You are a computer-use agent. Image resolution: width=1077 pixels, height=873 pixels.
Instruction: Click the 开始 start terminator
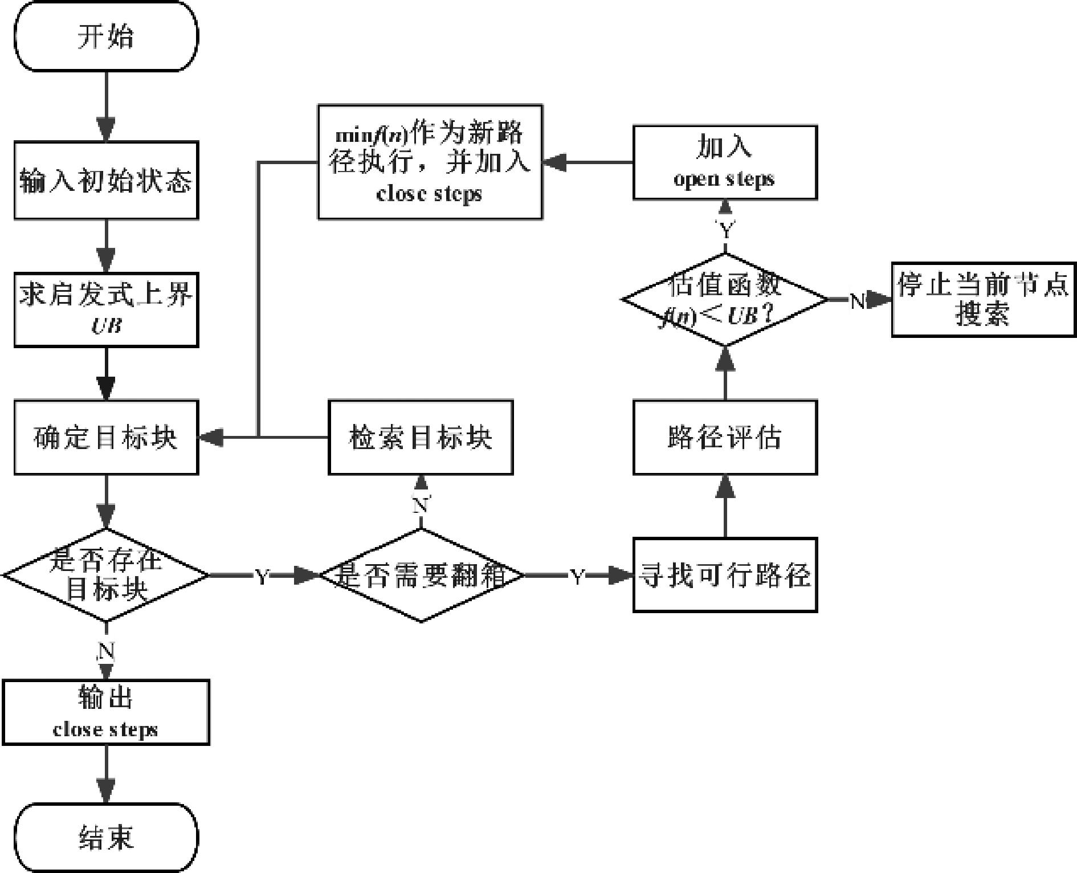[x=106, y=36]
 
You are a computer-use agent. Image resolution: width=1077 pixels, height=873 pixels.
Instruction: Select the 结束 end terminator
[x=106, y=837]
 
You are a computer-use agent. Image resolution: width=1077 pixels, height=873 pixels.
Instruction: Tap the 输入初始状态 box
[x=106, y=180]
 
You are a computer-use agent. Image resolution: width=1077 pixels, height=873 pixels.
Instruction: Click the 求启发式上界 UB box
[x=106, y=309]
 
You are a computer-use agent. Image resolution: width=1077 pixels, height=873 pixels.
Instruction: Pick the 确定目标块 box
[x=106, y=437]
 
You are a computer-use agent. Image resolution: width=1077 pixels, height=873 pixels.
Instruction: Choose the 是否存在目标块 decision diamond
[x=106, y=574]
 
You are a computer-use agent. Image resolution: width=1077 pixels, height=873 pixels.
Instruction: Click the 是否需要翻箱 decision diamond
[x=421, y=574]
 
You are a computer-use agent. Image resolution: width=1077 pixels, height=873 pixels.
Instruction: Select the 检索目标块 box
[x=421, y=437]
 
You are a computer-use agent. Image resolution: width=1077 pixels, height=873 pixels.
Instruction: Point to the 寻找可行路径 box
[x=725, y=574]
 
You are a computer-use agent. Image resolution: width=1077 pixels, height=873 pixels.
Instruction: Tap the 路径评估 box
[x=725, y=437]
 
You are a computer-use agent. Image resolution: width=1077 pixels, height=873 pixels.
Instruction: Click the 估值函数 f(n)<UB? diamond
[x=725, y=300]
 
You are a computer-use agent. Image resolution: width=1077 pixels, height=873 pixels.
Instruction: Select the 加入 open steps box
[x=725, y=162]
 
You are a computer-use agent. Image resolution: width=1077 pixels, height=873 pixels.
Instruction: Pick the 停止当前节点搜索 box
[x=984, y=300]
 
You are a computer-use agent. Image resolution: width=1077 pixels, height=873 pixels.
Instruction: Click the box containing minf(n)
[x=430, y=162]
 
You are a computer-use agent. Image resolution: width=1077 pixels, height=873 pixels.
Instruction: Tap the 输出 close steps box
[x=106, y=712]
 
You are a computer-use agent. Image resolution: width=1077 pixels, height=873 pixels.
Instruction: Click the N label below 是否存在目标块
[x=106, y=650]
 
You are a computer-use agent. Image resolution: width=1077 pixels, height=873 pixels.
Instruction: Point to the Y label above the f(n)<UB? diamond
[x=725, y=231]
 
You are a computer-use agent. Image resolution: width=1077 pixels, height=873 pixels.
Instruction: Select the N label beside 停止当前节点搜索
[x=857, y=300]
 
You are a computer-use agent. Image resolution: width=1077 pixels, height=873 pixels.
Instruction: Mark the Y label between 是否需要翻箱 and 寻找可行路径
[x=577, y=576]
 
